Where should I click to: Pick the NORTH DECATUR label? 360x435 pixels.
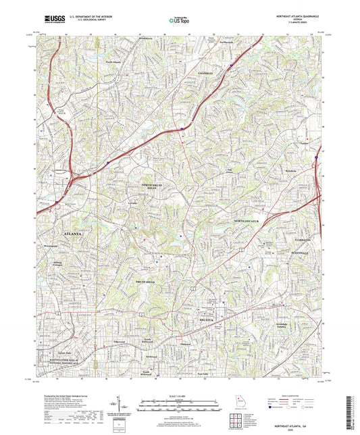(x=247, y=222)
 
